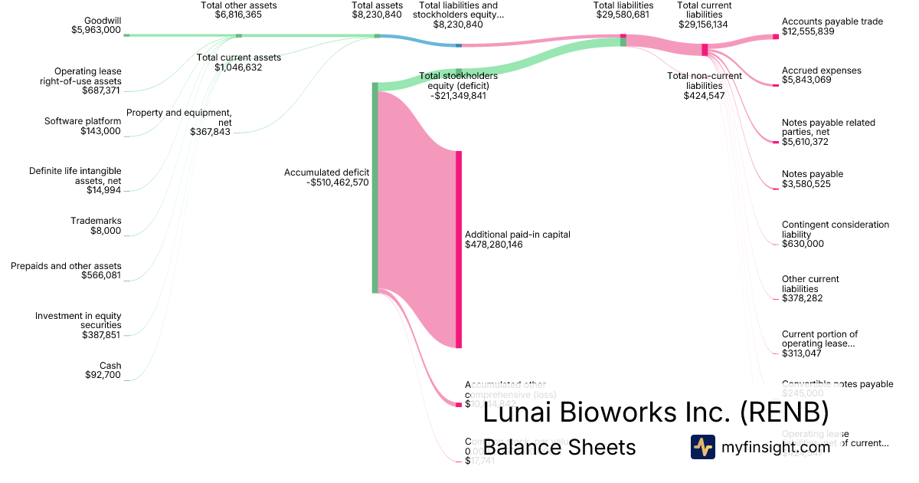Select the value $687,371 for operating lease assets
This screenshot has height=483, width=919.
pos(101,90)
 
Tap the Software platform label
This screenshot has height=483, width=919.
pos(83,121)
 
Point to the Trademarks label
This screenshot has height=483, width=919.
pos(96,221)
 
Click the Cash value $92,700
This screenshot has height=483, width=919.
pos(103,375)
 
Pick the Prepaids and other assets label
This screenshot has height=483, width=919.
pos(66,266)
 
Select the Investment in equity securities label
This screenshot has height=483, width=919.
pos(78,320)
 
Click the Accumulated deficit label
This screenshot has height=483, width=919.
pos(326,172)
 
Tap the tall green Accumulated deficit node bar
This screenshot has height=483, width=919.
pos(375,188)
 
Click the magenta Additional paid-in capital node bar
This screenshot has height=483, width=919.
pos(459,249)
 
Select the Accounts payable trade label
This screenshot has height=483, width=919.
pos(832,21)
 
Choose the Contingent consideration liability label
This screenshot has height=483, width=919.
pos(835,229)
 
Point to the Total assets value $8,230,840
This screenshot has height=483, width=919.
pos(377,15)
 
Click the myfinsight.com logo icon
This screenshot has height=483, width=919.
pos(702,447)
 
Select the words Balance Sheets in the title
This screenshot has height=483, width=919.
pos(559,447)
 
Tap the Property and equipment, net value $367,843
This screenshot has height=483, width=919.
pos(211,132)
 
